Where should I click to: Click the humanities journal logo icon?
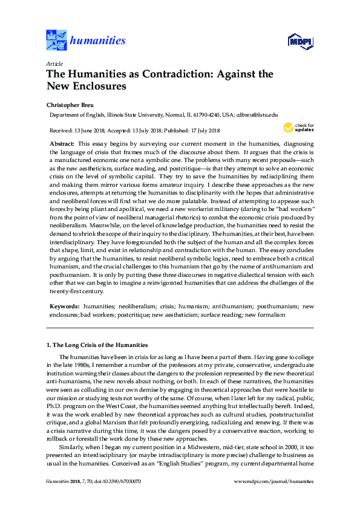point(57,41)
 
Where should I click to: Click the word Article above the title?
point(53,63)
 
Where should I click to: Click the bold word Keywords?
point(64,307)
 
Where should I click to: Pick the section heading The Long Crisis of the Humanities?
point(97,345)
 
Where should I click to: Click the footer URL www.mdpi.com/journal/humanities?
point(274,498)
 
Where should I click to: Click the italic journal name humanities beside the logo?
point(98,41)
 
